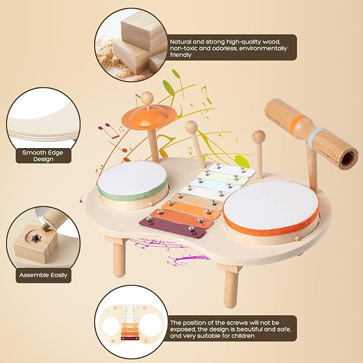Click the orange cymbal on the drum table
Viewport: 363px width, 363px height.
coord(149,117)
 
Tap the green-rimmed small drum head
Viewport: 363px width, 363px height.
coord(133,178)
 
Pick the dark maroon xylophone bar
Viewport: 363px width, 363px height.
coord(172,227)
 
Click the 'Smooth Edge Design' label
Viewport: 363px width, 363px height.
coord(43,156)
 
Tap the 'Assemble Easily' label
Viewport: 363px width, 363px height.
coord(43,275)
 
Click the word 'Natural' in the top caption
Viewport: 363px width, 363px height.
coord(181,42)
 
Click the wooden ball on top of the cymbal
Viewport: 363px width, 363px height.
coord(147,97)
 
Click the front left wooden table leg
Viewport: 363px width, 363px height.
coord(119,259)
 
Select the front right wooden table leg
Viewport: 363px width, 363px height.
coord(231,289)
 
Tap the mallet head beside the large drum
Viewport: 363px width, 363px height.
coord(259,136)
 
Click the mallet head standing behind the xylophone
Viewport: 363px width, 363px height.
coord(191,127)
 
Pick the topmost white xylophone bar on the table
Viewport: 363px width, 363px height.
coord(231,169)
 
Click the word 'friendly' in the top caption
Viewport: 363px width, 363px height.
coord(181,55)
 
